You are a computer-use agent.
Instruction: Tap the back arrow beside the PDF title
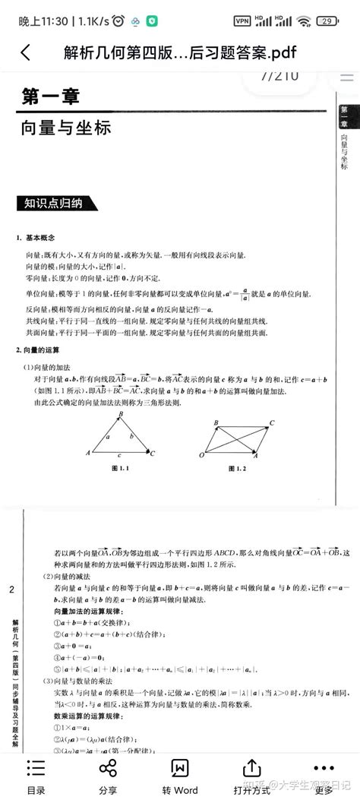pyautogui.click(x=25, y=52)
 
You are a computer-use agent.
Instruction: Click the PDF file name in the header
pyautogui.click(x=180, y=52)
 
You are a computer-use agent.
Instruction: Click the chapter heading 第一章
pyautogui.click(x=50, y=96)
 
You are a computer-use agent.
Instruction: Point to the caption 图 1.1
pyautogui.click(x=122, y=469)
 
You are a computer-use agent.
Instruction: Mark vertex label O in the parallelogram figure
pyautogui.click(x=203, y=455)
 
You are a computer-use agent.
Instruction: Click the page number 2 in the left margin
pyautogui.click(x=11, y=590)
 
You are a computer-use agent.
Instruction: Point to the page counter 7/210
pyautogui.click(x=279, y=76)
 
